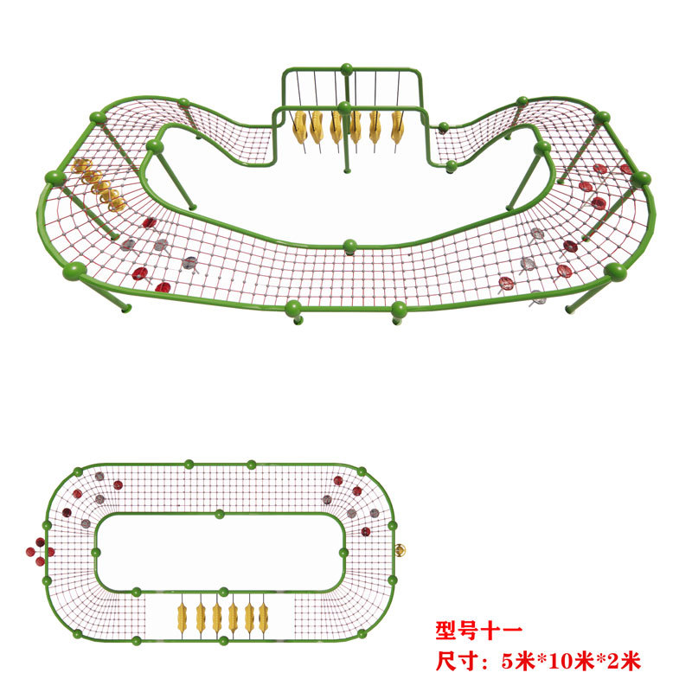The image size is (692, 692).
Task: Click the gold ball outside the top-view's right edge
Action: (x=400, y=549)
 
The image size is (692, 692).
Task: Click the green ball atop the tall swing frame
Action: (x=346, y=68)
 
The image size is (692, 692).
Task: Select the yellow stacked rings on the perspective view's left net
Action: (x=99, y=184)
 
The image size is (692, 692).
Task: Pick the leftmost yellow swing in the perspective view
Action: (x=299, y=126)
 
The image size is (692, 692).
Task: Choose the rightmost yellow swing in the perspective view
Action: (x=396, y=126)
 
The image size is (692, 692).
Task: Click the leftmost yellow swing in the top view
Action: (x=183, y=618)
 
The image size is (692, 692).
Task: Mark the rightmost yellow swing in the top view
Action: (x=264, y=618)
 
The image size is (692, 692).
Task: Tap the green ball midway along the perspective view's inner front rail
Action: (x=349, y=246)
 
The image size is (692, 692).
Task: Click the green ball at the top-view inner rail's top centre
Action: (x=220, y=514)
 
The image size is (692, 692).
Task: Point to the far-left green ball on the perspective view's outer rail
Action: (x=53, y=178)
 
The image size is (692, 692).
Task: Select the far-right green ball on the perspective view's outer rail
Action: (x=641, y=179)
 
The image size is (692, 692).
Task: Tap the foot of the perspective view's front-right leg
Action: (x=569, y=308)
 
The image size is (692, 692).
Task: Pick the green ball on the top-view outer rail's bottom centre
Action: (x=223, y=641)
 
